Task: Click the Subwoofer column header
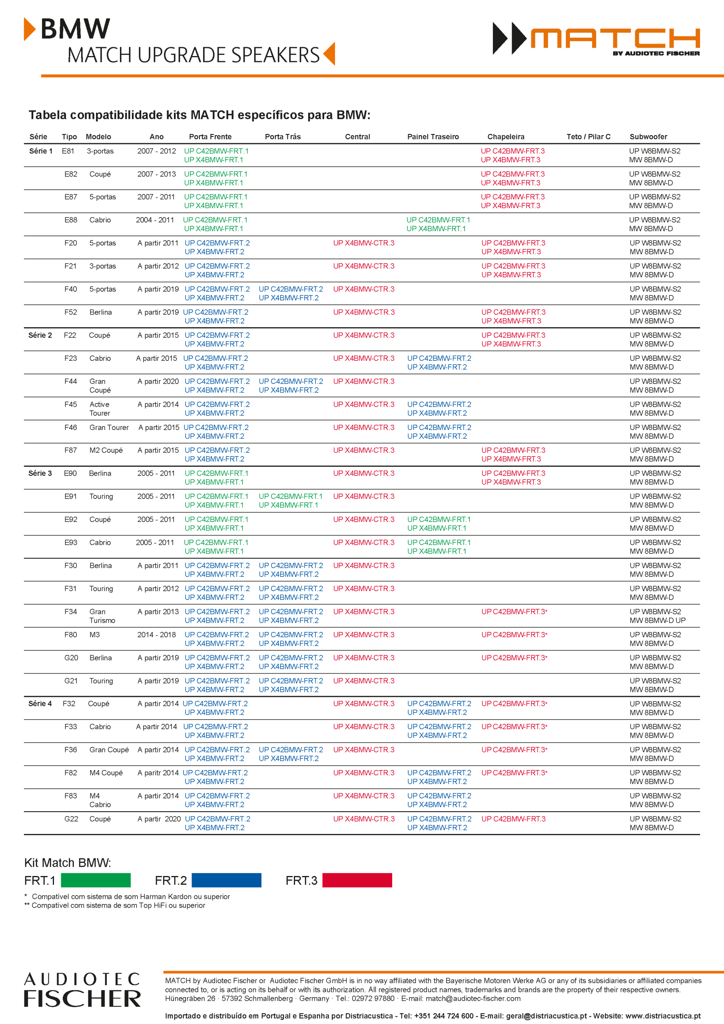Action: (x=648, y=136)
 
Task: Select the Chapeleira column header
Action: (x=506, y=136)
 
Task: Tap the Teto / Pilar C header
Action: (x=588, y=136)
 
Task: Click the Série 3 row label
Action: (x=40, y=473)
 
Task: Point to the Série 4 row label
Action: (x=40, y=703)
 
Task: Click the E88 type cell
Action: (x=70, y=220)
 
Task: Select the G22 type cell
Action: (x=71, y=819)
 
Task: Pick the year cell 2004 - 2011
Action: (x=155, y=220)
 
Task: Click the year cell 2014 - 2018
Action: (x=156, y=635)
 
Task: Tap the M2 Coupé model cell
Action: (x=106, y=450)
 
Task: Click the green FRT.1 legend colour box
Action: (x=96, y=880)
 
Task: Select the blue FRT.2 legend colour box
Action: (x=226, y=880)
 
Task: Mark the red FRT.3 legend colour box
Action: (x=357, y=880)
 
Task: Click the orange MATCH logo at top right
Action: (x=614, y=38)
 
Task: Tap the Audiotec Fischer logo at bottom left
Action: (x=82, y=990)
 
